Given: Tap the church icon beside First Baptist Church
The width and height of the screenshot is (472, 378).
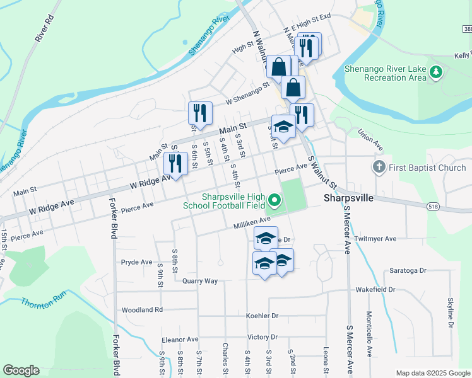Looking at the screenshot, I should [379, 168].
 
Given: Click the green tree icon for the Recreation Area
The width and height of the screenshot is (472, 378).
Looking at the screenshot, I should [435, 73].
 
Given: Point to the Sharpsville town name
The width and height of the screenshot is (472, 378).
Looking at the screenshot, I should [350, 197].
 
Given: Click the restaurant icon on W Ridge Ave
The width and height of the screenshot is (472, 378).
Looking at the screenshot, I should [174, 164].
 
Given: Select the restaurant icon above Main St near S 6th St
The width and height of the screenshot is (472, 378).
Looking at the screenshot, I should [200, 113].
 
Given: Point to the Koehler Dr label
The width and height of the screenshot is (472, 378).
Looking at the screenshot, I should [263, 315].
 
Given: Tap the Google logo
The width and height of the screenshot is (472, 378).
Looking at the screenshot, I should [21, 370].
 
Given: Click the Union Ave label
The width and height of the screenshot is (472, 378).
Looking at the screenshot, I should [370, 140].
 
